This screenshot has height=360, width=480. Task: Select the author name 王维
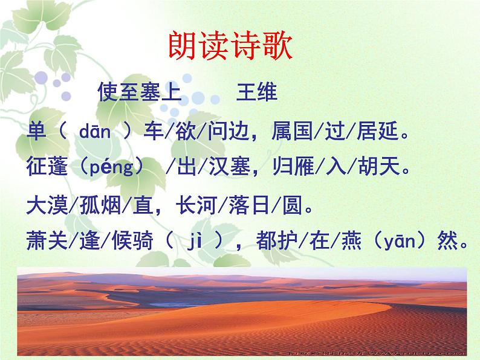256,93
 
